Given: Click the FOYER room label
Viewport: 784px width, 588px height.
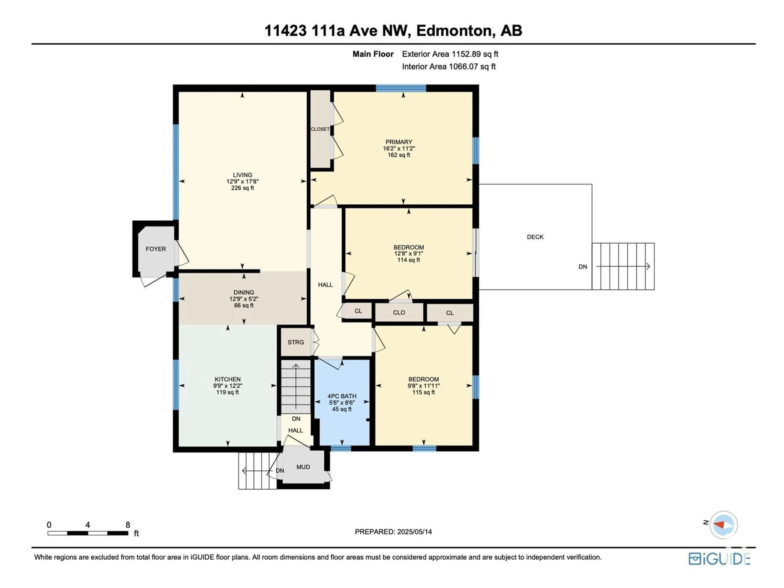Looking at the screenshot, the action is tap(156, 249).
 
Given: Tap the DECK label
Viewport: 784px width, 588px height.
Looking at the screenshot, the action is tap(535, 237).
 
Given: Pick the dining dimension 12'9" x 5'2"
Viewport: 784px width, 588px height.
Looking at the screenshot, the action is tap(244, 299).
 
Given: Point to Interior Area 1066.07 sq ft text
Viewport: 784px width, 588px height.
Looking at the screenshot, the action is tap(449, 67).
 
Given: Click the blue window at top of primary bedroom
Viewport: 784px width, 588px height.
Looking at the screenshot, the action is tap(401, 88).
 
